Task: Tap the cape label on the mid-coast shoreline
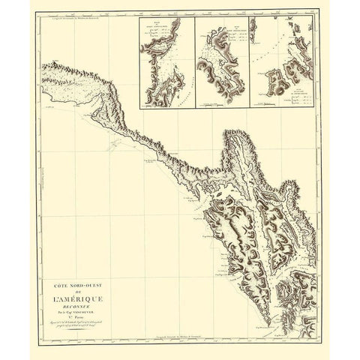pos(153,162)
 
